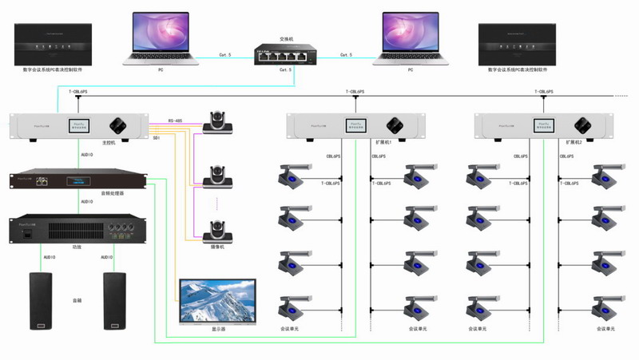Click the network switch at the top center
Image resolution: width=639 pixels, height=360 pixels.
point(281,55)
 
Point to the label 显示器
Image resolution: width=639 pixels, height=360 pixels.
point(218,329)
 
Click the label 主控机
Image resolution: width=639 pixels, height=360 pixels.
point(109,141)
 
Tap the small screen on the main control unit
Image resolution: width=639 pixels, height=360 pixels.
point(84,125)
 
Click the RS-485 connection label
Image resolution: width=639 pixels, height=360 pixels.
point(176,121)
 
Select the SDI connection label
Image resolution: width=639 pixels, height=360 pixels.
point(157,137)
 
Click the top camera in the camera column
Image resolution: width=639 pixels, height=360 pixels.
point(217,122)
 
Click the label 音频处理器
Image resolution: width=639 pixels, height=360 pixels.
point(111,192)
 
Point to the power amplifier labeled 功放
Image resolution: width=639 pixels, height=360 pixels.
point(77,229)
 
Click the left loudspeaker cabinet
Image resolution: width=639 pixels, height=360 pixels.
point(43,301)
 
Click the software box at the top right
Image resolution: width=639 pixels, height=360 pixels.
point(518,45)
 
